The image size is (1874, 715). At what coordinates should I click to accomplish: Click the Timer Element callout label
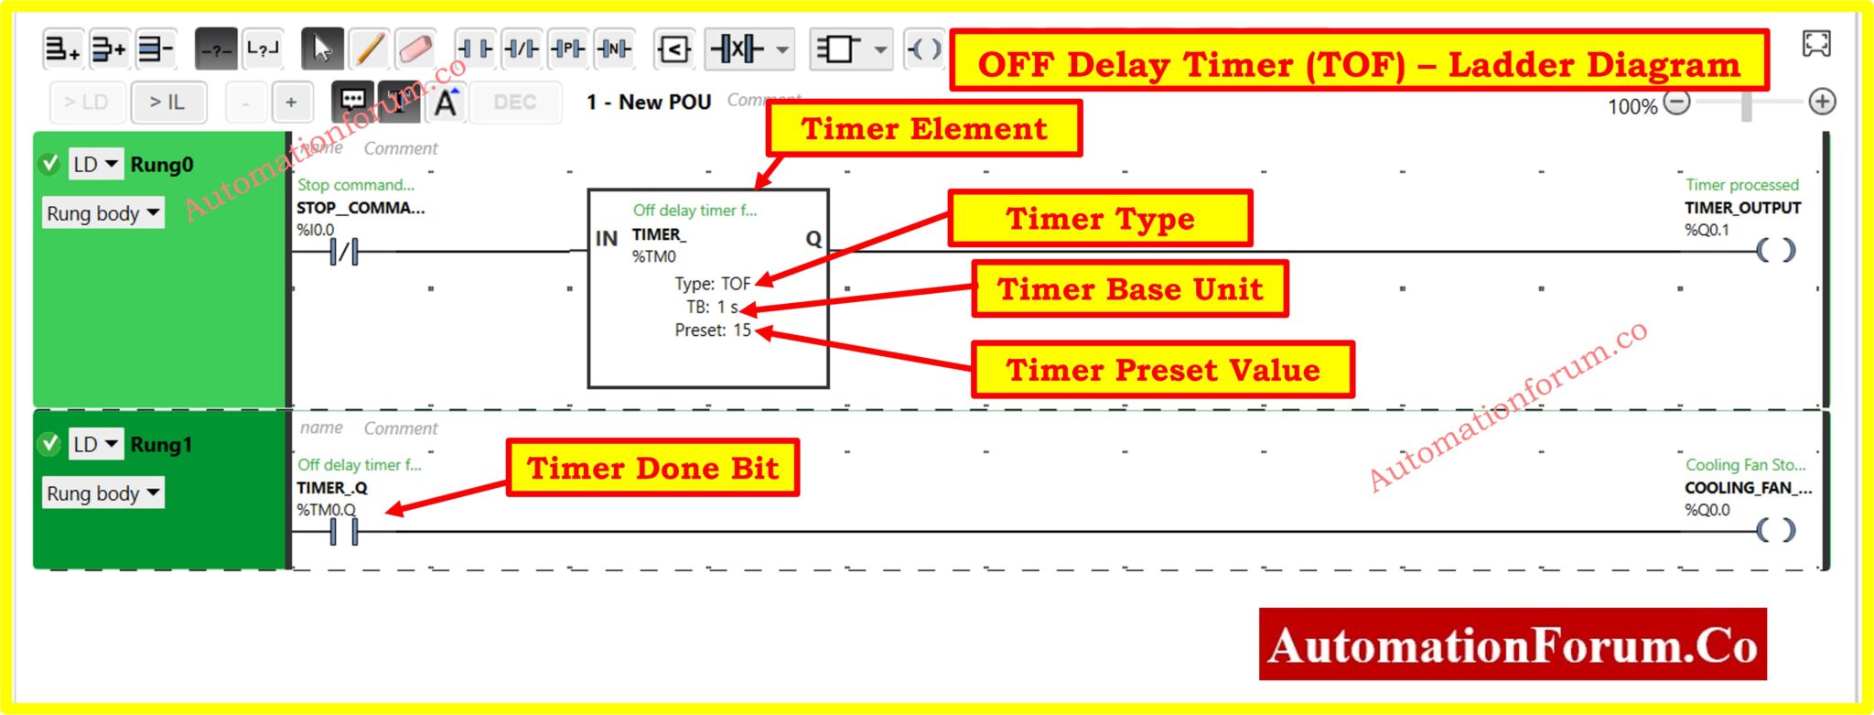point(924,128)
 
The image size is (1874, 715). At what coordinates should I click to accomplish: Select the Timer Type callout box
point(1100,219)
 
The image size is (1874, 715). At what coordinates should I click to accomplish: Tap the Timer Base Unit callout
point(1130,289)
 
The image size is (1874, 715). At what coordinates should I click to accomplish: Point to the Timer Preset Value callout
point(1162,370)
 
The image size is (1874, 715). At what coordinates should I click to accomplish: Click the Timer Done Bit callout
point(652,468)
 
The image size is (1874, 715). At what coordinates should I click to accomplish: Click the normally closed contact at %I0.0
point(344,251)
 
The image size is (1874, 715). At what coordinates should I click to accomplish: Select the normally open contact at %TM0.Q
point(344,531)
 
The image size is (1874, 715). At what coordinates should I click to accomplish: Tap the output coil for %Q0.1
point(1775,250)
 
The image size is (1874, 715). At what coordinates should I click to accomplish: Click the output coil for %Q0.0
point(1775,530)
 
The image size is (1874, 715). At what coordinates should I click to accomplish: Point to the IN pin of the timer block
point(606,239)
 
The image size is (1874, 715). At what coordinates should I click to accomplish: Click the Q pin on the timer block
point(813,239)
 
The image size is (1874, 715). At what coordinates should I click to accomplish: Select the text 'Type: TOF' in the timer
point(712,284)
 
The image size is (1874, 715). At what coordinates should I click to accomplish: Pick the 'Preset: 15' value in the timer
point(712,330)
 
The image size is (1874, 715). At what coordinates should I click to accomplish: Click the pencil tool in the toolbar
point(369,49)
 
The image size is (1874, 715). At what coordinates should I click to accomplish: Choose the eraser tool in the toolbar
point(415,49)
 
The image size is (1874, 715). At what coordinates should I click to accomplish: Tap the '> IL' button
point(167,103)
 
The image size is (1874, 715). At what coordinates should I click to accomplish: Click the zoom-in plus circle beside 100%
point(1822,102)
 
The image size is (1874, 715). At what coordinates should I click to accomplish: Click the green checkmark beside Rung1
point(49,445)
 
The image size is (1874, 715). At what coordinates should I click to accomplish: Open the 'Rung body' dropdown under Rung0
point(102,213)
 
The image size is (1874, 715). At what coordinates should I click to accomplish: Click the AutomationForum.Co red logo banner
point(1512,645)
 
